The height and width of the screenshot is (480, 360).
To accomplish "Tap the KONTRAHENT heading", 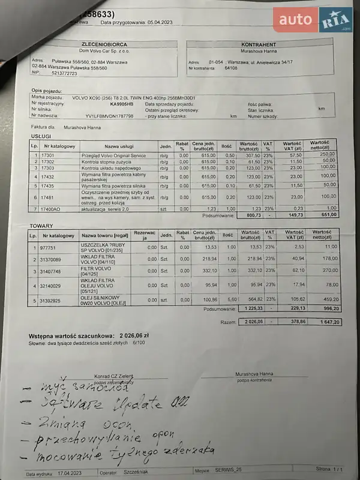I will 258,45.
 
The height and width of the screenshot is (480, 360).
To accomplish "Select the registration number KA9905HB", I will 122,103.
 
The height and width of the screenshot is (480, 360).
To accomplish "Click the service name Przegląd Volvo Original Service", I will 113,155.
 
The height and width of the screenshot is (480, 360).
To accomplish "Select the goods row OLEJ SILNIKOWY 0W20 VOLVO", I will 101,299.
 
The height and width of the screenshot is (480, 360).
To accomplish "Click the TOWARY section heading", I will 41,226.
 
